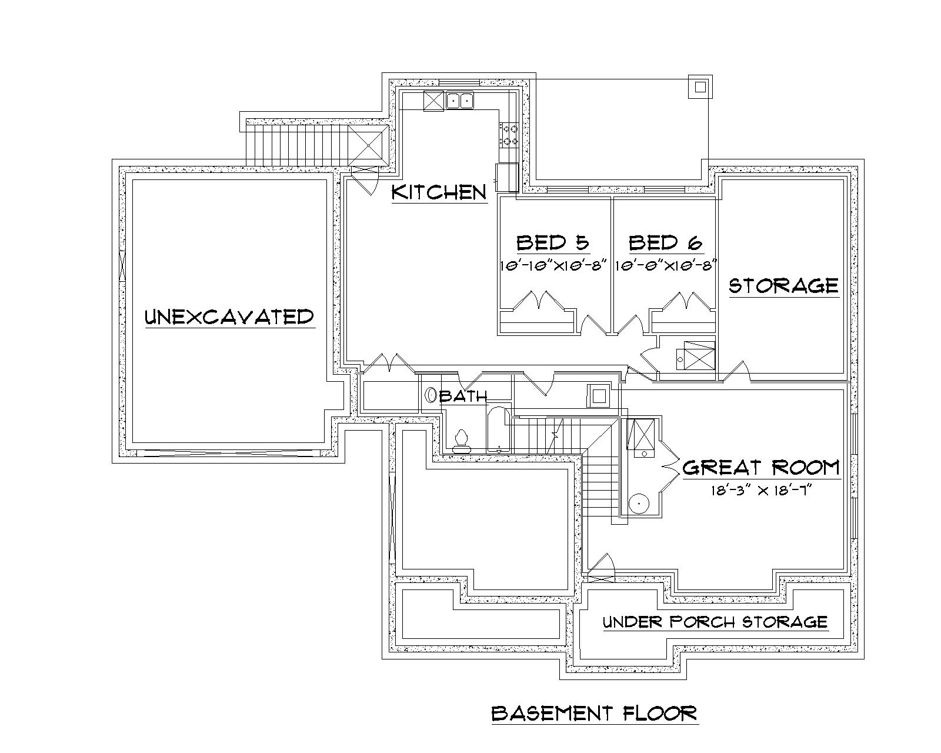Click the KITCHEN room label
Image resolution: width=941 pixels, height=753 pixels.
click(x=439, y=192)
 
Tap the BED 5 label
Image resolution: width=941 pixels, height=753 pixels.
click(x=552, y=242)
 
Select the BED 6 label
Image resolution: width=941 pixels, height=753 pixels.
click(x=665, y=242)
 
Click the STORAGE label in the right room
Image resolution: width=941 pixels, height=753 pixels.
click(x=783, y=286)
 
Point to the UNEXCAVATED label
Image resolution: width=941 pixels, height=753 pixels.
click(x=229, y=317)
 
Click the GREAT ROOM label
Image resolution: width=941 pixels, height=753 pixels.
click(x=761, y=468)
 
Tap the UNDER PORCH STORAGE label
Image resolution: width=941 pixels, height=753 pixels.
click(x=715, y=622)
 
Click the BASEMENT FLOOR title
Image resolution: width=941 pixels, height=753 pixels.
click(x=594, y=714)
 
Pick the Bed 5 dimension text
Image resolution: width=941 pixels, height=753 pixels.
click(x=553, y=265)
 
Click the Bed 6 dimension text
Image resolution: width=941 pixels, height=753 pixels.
click(x=665, y=265)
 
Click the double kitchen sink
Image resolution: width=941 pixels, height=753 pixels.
click(x=460, y=101)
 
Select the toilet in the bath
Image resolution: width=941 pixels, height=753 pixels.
click(x=461, y=440)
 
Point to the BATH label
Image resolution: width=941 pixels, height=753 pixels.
click(x=463, y=397)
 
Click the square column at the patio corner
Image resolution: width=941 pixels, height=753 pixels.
click(x=699, y=87)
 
